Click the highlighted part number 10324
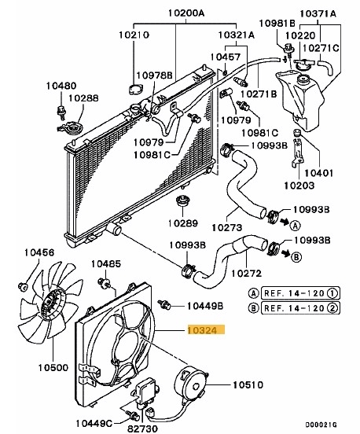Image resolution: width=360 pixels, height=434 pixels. (x=205, y=332)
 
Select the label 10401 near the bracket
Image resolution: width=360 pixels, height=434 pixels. (x=320, y=171)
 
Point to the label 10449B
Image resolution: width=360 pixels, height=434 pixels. (x=205, y=305)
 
